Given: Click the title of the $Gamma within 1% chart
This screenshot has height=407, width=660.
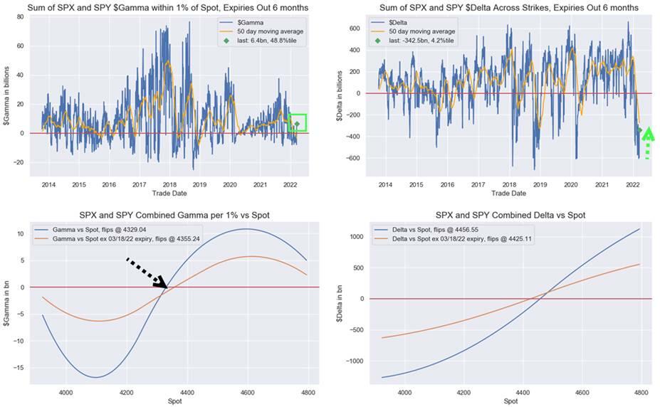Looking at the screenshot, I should [167, 7].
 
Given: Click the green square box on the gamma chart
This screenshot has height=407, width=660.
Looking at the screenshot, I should [298, 122].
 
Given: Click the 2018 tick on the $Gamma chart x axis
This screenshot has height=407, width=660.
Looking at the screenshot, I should [169, 184].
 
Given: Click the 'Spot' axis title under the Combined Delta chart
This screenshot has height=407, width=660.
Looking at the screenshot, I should [510, 402].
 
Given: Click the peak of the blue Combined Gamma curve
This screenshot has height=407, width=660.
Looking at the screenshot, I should [245, 229].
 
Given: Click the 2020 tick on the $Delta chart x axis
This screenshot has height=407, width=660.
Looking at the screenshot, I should [570, 184].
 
